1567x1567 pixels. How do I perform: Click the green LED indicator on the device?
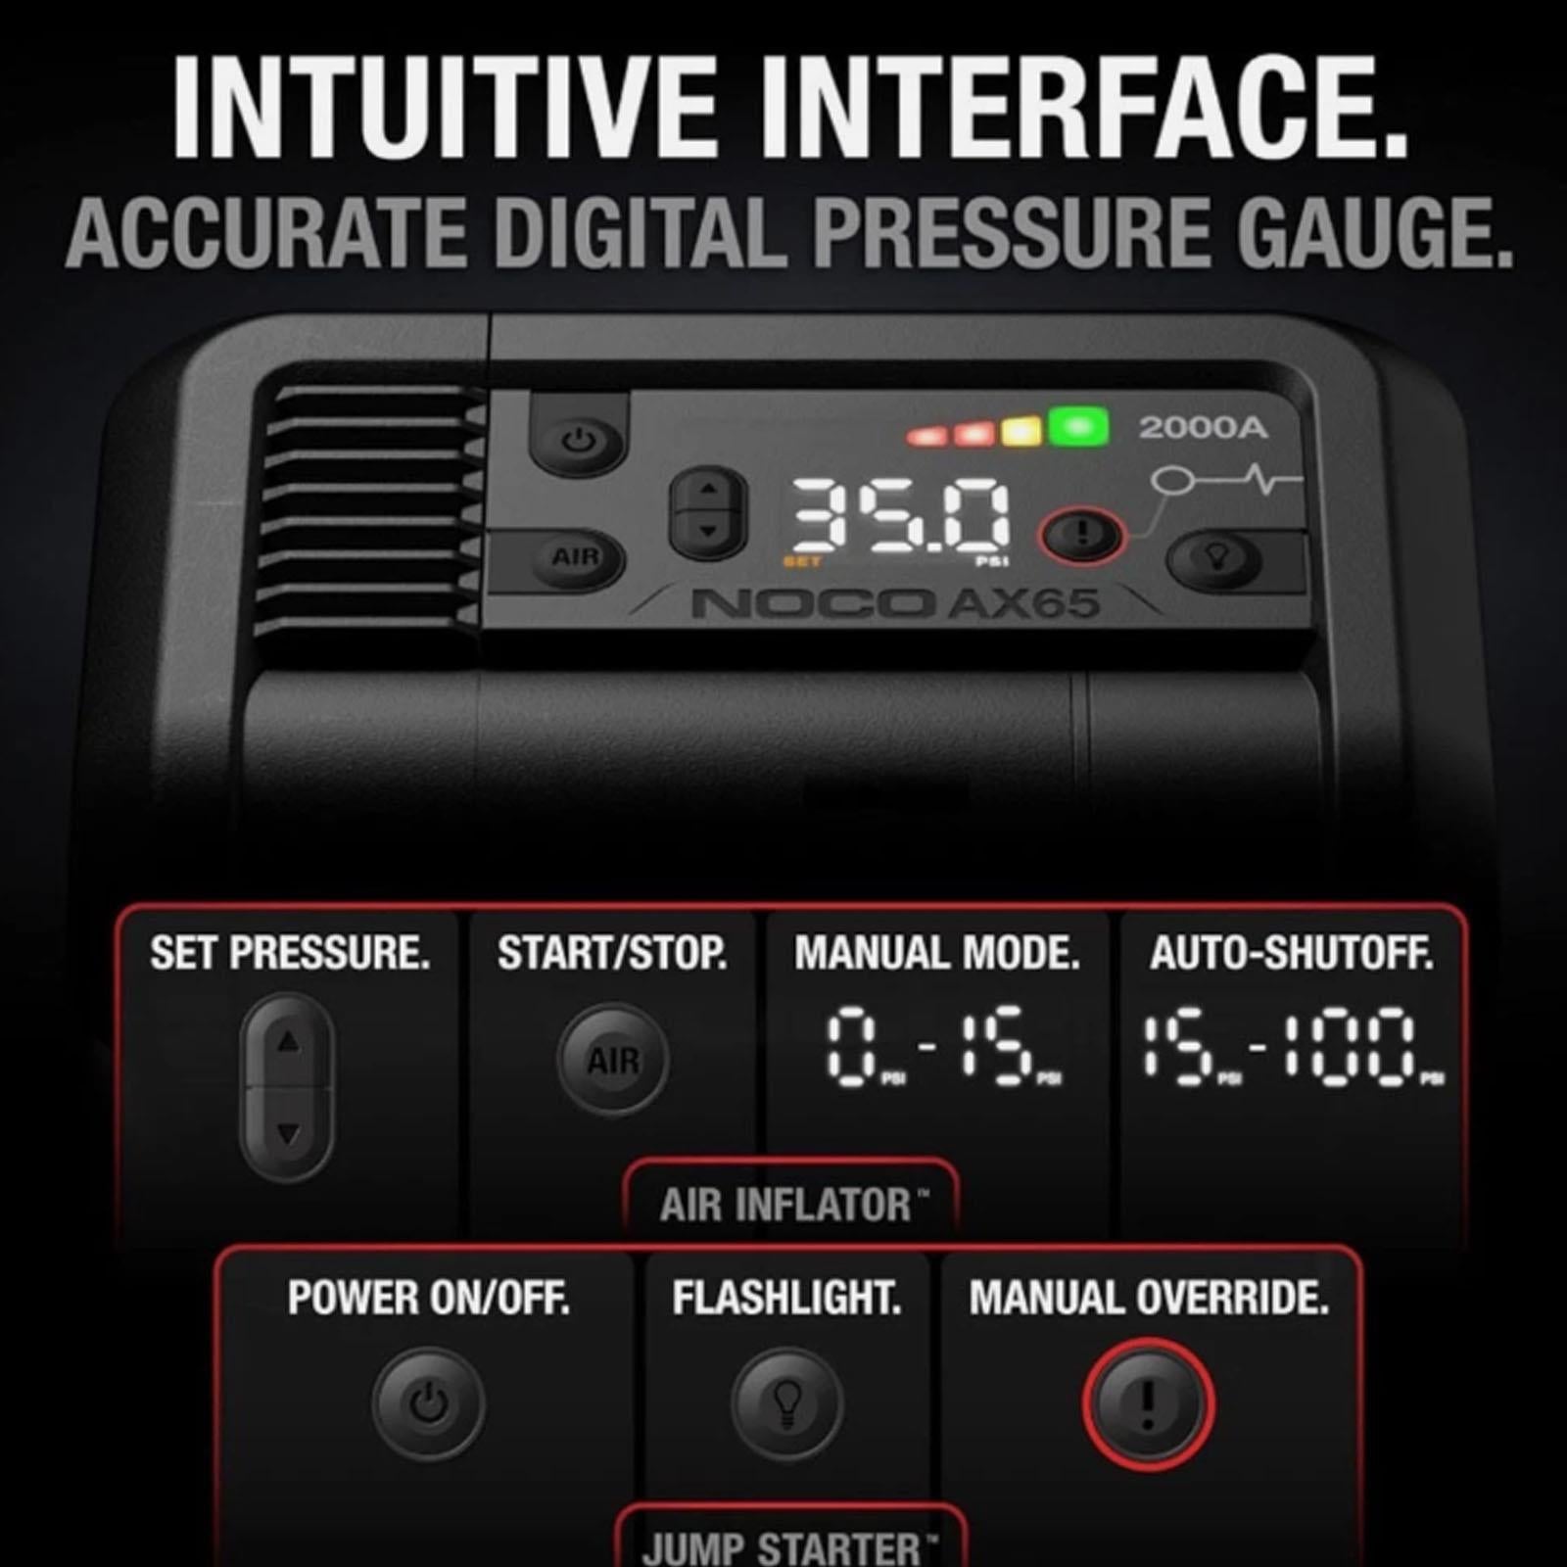coord(1077,428)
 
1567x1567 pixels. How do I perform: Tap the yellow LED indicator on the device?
coord(1021,430)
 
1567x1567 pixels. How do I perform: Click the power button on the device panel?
coord(578,438)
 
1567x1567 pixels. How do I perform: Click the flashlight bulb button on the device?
coord(1215,558)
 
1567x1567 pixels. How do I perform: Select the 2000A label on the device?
coord(1203,428)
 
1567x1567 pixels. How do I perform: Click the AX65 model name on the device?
coord(1022,603)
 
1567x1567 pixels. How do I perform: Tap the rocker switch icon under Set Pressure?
coord(287,1087)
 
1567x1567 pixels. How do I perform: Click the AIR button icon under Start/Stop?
coord(613,1061)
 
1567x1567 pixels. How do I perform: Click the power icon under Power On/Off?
coord(428,1401)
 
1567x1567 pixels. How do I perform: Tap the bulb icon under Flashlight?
coord(786,1401)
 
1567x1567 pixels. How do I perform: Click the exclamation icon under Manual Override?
coord(1148,1401)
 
